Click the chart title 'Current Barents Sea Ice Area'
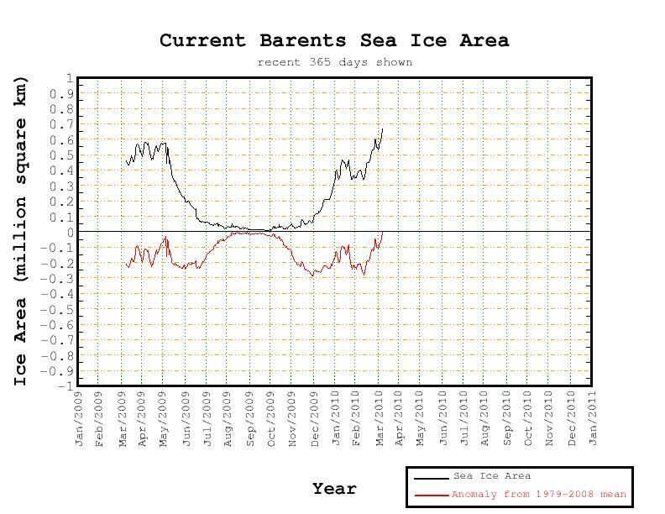(334, 40)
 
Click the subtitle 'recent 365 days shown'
(334, 62)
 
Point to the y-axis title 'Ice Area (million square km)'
(21, 231)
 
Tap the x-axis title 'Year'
(334, 488)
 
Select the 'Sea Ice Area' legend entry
(491, 476)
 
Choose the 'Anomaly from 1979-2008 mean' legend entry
(538, 495)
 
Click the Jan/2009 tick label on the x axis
(80, 417)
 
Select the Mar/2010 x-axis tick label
(380, 417)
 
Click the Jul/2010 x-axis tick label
(465, 417)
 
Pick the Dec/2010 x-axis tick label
(573, 417)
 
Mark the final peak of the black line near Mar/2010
(382, 128)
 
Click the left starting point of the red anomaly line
(126, 265)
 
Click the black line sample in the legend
(431, 477)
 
